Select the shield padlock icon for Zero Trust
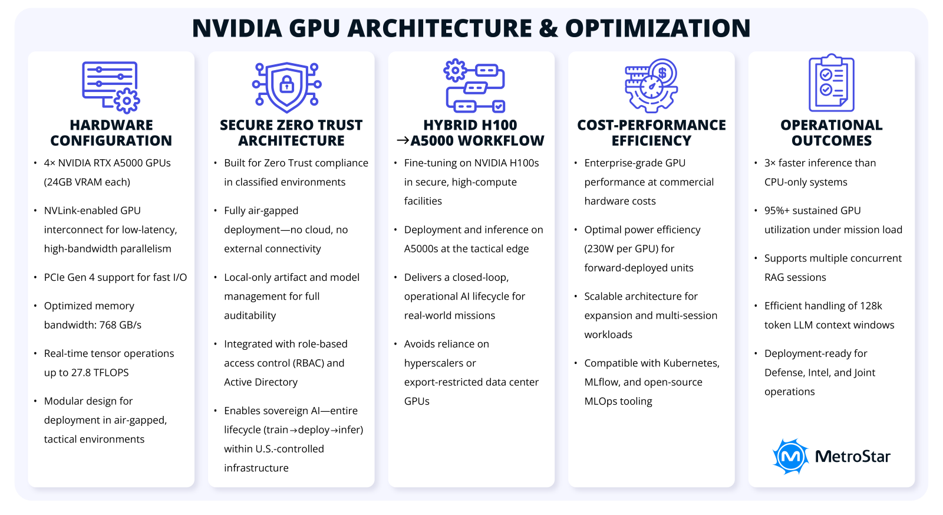(x=287, y=86)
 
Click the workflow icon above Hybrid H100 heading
(x=474, y=86)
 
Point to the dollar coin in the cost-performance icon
(x=663, y=73)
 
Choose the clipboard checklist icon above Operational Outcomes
(x=831, y=83)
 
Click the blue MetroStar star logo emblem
(x=790, y=456)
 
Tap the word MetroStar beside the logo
(x=852, y=456)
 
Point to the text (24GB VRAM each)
(x=87, y=182)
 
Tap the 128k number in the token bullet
(x=871, y=306)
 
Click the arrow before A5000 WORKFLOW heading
(x=403, y=140)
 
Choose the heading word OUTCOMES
(x=832, y=140)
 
